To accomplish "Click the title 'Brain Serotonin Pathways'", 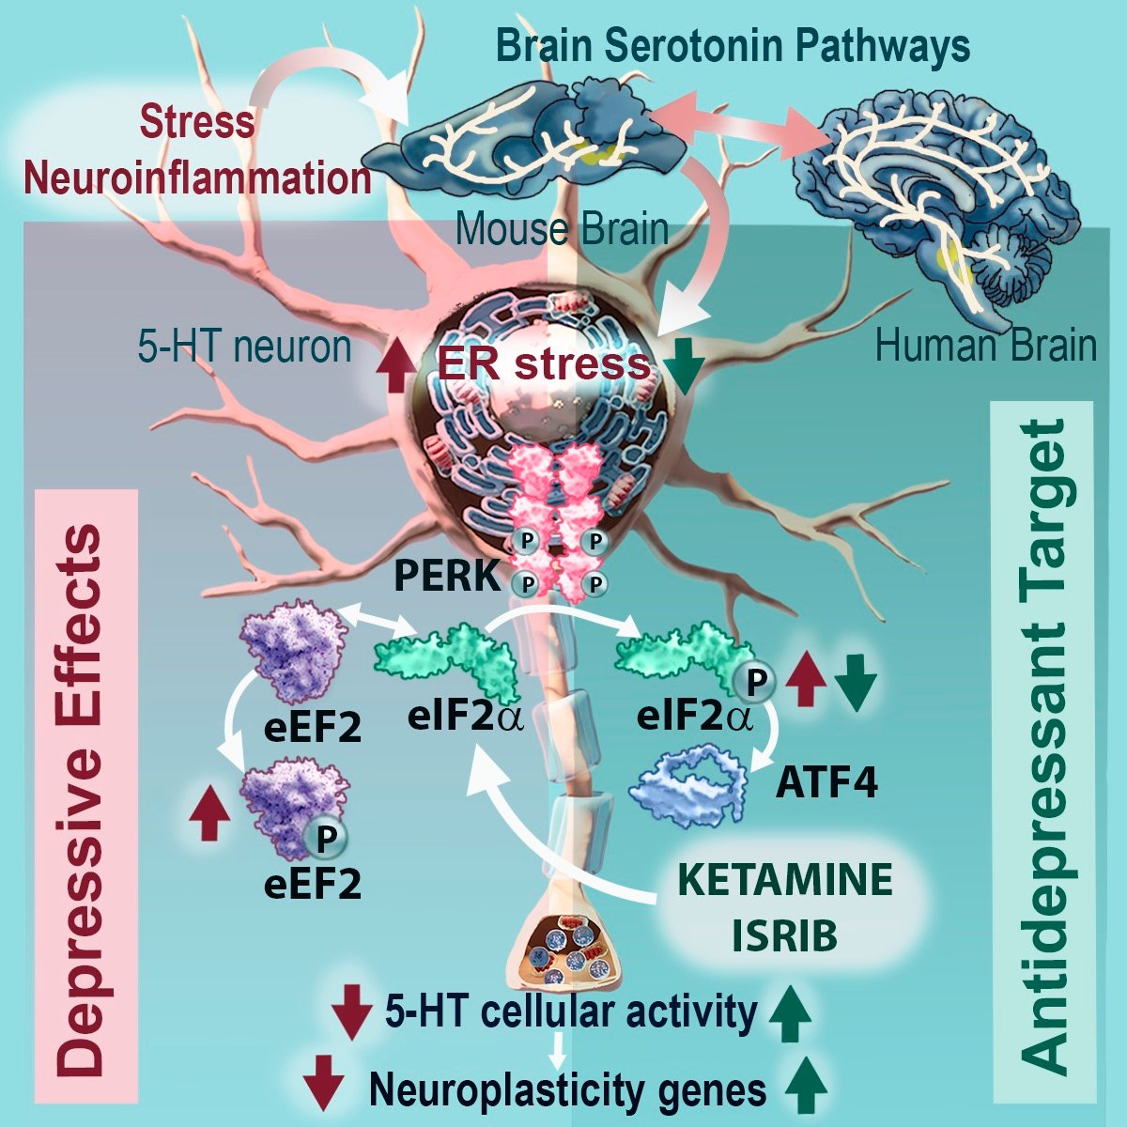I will (x=733, y=44).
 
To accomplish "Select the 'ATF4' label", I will (x=827, y=782).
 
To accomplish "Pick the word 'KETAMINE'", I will (x=785, y=881).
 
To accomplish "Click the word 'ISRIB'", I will (x=785, y=935).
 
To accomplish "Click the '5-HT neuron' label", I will (x=241, y=347).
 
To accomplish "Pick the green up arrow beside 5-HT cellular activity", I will (x=790, y=1014).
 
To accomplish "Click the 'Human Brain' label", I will (x=985, y=346).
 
